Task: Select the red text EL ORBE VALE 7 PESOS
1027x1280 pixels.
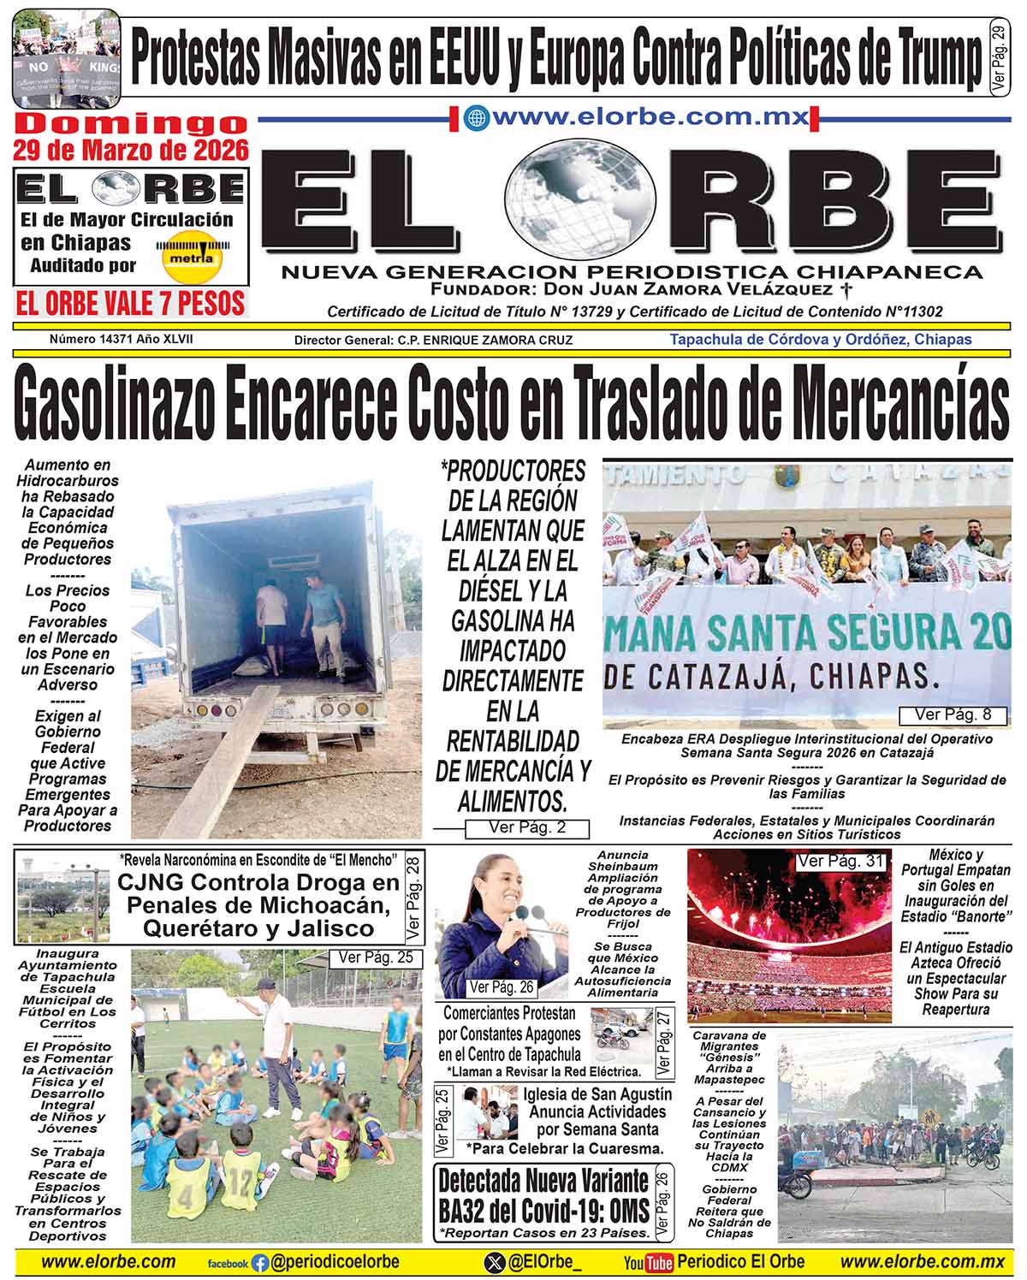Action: click(130, 303)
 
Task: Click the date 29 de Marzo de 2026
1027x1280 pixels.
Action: click(130, 151)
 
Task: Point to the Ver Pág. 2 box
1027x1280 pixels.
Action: click(527, 827)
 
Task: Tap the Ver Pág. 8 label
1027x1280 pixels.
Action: click(953, 714)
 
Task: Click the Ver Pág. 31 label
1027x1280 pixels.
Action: click(840, 862)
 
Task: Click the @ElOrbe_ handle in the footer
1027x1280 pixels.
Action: click(544, 1262)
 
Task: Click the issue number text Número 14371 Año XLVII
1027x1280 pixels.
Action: click(121, 339)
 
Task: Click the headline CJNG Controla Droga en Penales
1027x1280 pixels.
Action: click(258, 905)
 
